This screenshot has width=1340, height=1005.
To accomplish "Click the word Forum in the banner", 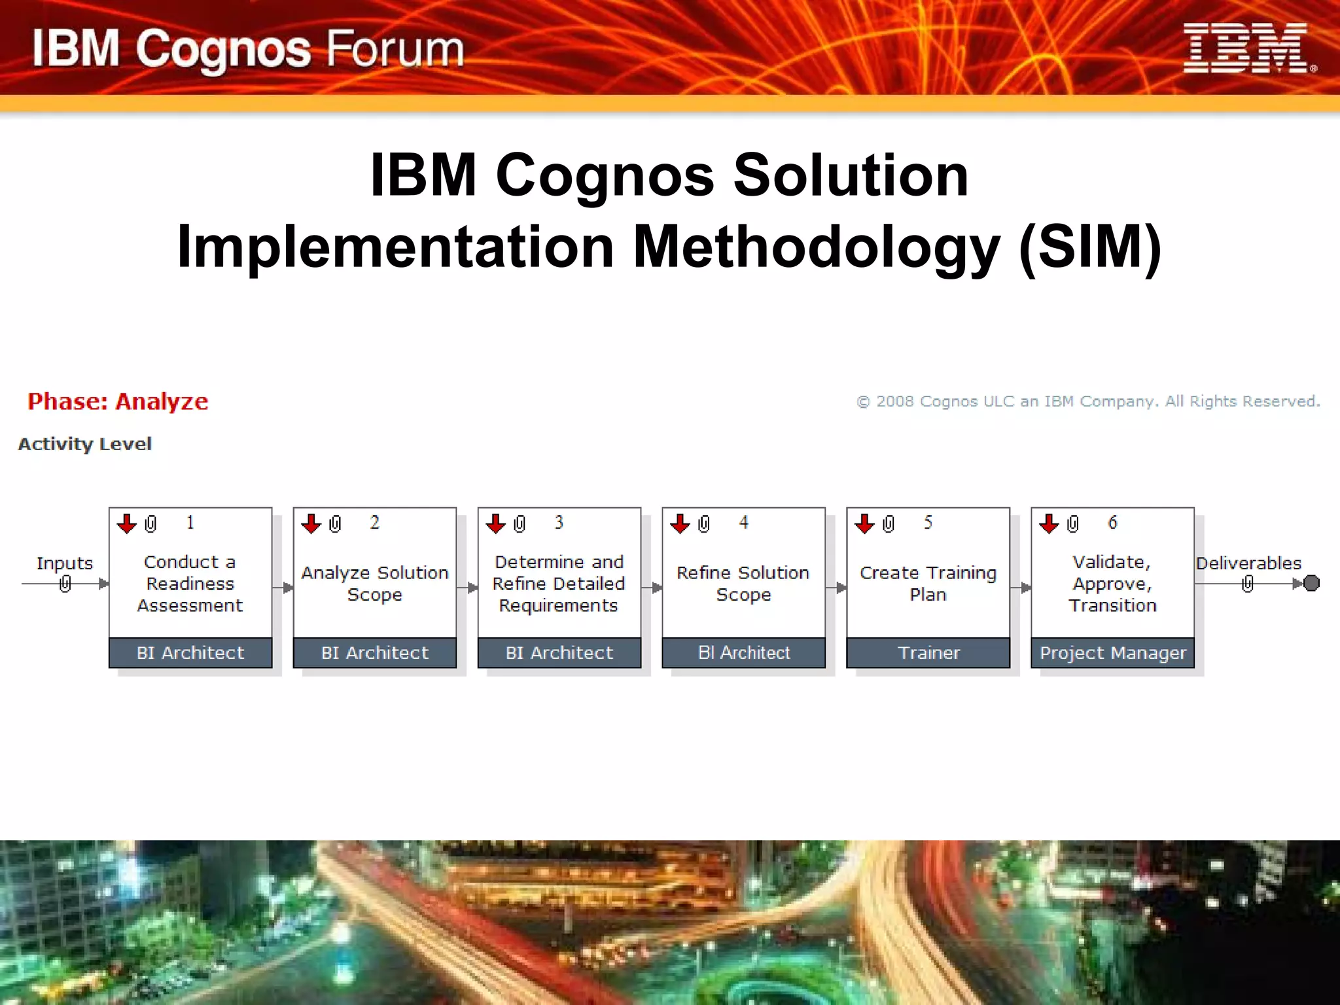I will [x=395, y=50].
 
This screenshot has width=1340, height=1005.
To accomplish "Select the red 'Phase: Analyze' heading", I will [x=118, y=401].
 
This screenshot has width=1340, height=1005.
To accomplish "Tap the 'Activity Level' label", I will [x=85, y=444].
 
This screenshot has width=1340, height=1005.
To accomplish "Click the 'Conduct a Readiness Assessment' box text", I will [x=190, y=583].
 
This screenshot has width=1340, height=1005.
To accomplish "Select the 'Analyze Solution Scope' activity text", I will [x=375, y=583].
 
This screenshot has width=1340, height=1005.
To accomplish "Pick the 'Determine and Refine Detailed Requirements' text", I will [x=559, y=583].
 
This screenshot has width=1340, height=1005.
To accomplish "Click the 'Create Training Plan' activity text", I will [x=928, y=583].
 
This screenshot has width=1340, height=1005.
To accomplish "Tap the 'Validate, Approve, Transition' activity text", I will [x=1112, y=583].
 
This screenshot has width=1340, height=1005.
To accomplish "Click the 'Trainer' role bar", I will [x=928, y=652].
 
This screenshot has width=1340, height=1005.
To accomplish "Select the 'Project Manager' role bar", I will [x=1112, y=652].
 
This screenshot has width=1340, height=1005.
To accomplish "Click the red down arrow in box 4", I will [x=680, y=523].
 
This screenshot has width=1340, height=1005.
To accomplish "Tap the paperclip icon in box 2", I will [x=335, y=523].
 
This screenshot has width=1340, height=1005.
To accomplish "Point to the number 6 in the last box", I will [x=1112, y=522].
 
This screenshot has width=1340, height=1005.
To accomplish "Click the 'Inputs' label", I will [x=65, y=563].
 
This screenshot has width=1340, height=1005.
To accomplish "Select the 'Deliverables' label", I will [x=1248, y=563].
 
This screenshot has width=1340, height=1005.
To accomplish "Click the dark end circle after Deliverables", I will [x=1311, y=583].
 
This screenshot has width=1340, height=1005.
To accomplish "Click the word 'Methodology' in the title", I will [x=817, y=247].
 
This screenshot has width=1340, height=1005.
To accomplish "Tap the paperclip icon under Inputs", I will [x=65, y=584].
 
